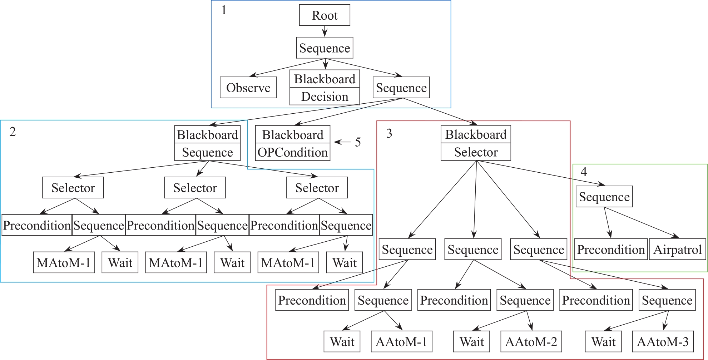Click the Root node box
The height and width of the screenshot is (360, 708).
tap(325, 15)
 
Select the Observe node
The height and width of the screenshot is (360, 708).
tap(248, 88)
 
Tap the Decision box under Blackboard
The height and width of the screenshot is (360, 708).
tap(325, 97)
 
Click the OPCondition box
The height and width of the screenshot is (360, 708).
tap(293, 152)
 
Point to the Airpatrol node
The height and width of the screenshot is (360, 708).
tap(677, 249)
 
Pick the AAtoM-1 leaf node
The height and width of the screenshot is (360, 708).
tap(401, 341)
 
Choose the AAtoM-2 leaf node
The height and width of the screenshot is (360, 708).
tap(531, 341)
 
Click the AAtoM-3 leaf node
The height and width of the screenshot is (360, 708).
tap(663, 341)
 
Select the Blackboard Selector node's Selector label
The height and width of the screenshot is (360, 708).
tap(476, 152)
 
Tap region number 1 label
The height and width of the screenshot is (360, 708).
tap(224, 10)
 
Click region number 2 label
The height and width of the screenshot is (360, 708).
tap(13, 132)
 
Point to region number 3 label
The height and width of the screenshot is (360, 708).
tap(389, 133)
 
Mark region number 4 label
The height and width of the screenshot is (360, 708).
tap(584, 172)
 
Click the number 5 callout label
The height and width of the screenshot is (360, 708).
tap(358, 142)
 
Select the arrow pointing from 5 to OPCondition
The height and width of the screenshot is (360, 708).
tap(342, 142)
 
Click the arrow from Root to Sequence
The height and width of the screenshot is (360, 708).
tap(325, 31)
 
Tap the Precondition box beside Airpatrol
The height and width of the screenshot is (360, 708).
tap(611, 249)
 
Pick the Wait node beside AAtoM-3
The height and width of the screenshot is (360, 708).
tap(603, 341)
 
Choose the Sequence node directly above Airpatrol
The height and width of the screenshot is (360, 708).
tap(604, 197)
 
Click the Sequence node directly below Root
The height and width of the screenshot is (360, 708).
tap(325, 48)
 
